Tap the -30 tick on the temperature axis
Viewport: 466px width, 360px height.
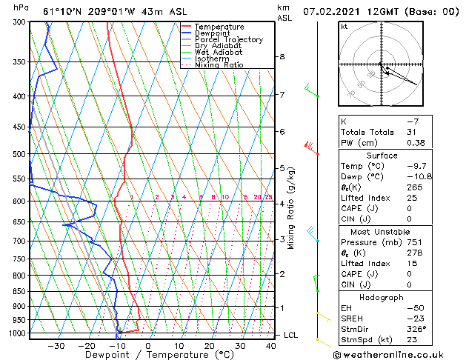point(56,346)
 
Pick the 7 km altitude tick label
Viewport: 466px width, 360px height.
point(282,95)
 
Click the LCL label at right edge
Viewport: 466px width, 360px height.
point(291,335)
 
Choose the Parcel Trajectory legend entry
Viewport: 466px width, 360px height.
point(228,39)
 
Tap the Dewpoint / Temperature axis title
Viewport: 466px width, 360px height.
point(148,356)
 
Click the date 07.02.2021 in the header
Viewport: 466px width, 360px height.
point(327,11)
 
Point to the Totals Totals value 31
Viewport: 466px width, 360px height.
point(411,132)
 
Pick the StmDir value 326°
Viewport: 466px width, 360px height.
point(417,329)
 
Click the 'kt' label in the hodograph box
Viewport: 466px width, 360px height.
point(344,26)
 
